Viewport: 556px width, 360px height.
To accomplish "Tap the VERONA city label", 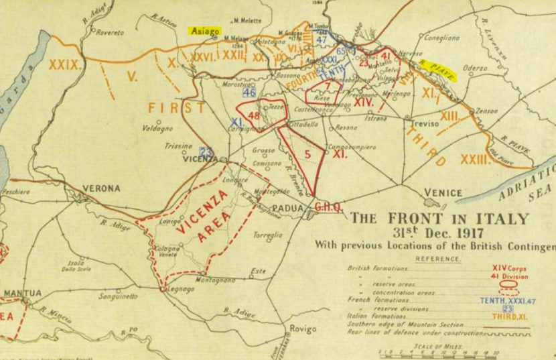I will click(101, 188).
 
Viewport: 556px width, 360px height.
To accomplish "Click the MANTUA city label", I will click(21, 293).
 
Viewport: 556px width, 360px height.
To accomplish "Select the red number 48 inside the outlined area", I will click(253, 115).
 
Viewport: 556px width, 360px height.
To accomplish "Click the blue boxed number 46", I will click(249, 93).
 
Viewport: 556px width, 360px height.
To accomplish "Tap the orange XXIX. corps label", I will click(65, 65).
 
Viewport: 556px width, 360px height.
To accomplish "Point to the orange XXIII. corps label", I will click(494, 159).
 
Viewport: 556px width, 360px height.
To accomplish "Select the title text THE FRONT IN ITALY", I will click(440, 219).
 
